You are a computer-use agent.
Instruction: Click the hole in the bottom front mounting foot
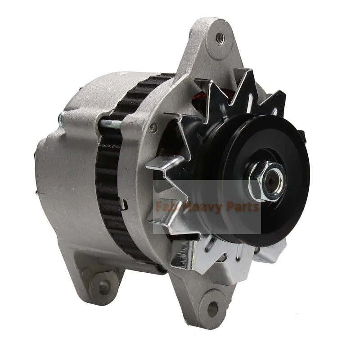tap(212, 307)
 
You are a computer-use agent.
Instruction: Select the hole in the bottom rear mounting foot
tap(104, 287)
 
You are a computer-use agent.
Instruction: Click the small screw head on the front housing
tap(153, 126)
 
